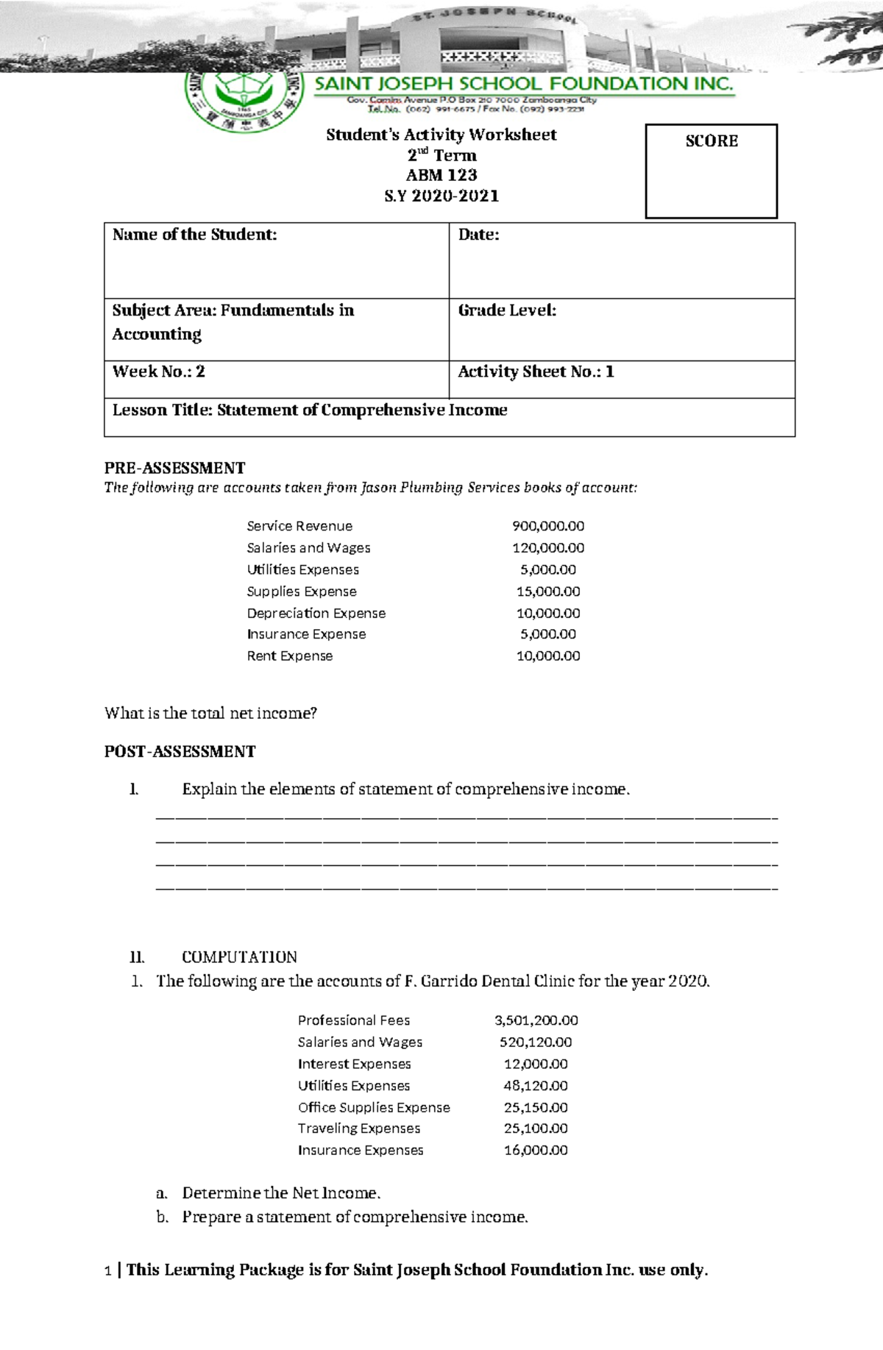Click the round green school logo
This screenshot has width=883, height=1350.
pos(244,99)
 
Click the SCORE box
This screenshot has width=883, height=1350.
pos(711,171)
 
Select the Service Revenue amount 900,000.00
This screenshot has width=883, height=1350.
pos(548,526)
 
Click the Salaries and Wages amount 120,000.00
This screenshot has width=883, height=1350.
pos(548,548)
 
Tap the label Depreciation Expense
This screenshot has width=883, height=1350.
pos(316,613)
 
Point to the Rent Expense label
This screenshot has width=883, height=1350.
pos(289,656)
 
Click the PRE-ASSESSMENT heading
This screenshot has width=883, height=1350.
pos(174,468)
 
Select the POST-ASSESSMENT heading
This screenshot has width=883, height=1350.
pos(180,751)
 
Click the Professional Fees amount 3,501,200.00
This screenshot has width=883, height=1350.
pos(536,1020)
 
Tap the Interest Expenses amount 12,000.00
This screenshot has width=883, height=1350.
pos(536,1064)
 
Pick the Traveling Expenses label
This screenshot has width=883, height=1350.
pos(358,1129)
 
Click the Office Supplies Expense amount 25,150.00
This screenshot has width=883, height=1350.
pos(536,1107)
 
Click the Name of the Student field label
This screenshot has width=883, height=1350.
pos(194,235)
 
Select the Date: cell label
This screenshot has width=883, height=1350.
pos(478,235)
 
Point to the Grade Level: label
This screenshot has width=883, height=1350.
pos(507,310)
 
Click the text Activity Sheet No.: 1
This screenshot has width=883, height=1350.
pos(536,372)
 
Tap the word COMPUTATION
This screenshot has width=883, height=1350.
pos(239,957)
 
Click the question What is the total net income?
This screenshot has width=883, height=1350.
pos(210,713)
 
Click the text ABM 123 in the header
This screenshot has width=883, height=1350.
pos(441,175)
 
